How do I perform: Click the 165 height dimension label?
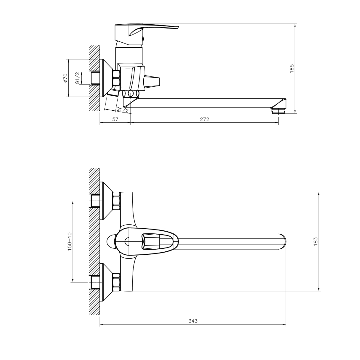292,68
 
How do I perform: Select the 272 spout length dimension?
204,119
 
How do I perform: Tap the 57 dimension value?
115,119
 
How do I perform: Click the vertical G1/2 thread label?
77,78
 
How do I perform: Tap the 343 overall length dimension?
193,321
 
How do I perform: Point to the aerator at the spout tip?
278,111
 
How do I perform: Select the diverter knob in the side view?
152,81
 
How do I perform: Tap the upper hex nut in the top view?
116,201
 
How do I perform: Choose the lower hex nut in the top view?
116,282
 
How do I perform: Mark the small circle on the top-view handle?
127,241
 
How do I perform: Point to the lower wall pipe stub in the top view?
95,282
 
